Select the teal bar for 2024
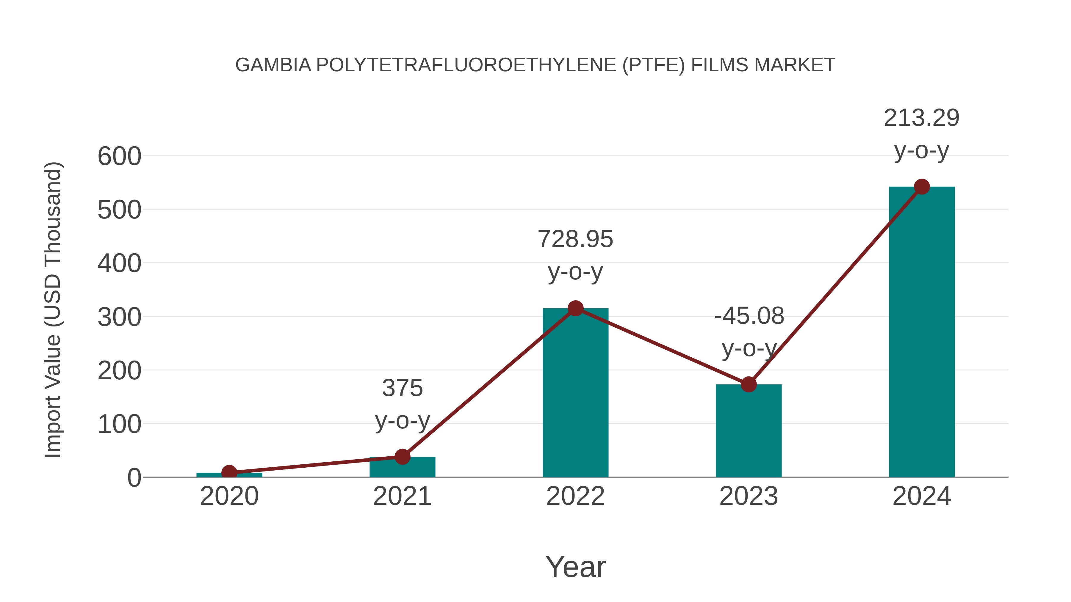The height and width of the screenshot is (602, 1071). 922,332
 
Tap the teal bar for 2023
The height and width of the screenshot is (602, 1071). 749,432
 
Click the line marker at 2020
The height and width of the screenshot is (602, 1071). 229,472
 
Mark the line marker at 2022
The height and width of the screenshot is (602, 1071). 575,308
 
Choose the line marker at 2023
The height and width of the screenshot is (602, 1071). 749,384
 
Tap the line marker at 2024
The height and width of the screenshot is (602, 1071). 922,187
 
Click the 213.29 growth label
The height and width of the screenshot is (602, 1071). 921,118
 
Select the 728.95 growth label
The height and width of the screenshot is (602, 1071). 575,239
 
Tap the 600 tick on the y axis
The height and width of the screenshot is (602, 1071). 119,157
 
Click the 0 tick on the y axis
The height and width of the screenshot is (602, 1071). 134,478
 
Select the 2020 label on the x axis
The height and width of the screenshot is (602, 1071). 229,496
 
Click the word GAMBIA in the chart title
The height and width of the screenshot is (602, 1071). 273,65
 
